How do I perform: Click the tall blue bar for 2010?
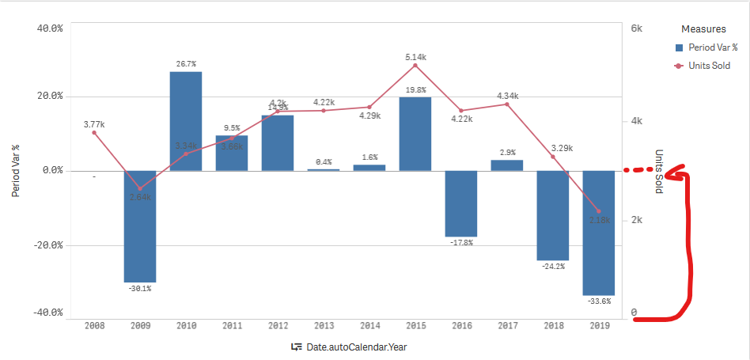click(186, 121)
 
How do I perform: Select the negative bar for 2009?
click(140, 226)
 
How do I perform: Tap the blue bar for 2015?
click(415, 133)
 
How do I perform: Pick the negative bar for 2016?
click(461, 203)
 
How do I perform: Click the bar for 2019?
click(599, 233)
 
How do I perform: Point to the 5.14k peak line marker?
click(415, 65)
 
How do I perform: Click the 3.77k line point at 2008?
click(94, 132)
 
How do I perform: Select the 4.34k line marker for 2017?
click(507, 104)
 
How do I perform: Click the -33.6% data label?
click(599, 301)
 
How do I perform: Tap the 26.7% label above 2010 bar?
click(186, 63)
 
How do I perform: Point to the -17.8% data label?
click(461, 243)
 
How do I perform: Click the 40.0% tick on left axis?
click(49, 28)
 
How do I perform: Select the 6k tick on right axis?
click(636, 28)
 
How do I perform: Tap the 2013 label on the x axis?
click(324, 325)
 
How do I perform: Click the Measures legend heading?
click(703, 29)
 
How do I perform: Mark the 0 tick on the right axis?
click(634, 313)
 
